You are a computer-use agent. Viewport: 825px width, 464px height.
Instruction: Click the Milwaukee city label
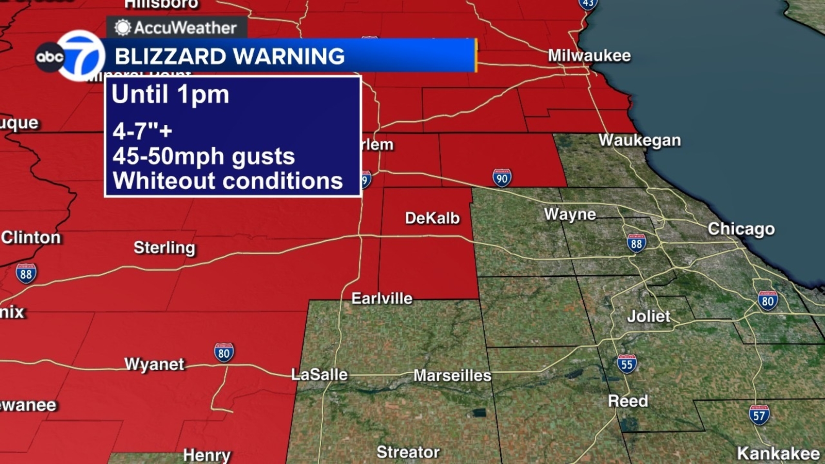589,56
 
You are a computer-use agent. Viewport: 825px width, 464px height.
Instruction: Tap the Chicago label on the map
740,229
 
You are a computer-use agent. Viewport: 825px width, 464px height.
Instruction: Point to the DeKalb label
432,218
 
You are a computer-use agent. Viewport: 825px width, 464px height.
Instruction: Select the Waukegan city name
639,140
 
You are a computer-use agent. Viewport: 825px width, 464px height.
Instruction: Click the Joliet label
649,316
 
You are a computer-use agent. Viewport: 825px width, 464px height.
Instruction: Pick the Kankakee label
778,454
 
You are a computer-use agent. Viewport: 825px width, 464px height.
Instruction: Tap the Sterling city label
164,248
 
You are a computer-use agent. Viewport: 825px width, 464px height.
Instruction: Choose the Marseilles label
452,375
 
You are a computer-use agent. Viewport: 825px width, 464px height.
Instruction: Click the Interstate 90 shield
501,178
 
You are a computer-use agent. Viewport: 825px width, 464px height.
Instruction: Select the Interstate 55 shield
626,364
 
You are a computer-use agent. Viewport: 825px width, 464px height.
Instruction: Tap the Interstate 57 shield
759,415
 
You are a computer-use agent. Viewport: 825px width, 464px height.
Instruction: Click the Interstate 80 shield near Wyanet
224,353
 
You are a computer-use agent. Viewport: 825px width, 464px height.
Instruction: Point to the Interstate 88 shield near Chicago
636,243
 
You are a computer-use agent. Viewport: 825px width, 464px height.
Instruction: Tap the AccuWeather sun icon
123,27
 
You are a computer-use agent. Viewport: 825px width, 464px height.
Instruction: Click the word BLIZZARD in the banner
170,56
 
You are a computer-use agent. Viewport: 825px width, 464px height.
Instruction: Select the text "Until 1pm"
170,95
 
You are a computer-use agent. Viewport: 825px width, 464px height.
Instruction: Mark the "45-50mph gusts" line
204,156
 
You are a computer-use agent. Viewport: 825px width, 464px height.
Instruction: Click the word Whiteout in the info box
164,181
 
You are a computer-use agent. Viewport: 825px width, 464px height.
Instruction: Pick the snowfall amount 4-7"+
142,131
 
